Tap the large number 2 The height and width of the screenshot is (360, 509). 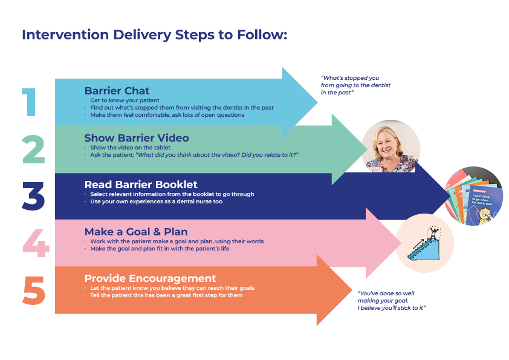coord(33,149)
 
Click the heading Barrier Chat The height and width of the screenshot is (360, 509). coord(117,91)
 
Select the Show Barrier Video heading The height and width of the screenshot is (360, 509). coord(136,139)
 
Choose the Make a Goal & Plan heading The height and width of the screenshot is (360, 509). coord(136,232)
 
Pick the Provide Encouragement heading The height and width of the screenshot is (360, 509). coord(150,278)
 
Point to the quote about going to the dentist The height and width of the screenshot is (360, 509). coord(355,85)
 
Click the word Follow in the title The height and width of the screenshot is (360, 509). coord(264,34)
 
